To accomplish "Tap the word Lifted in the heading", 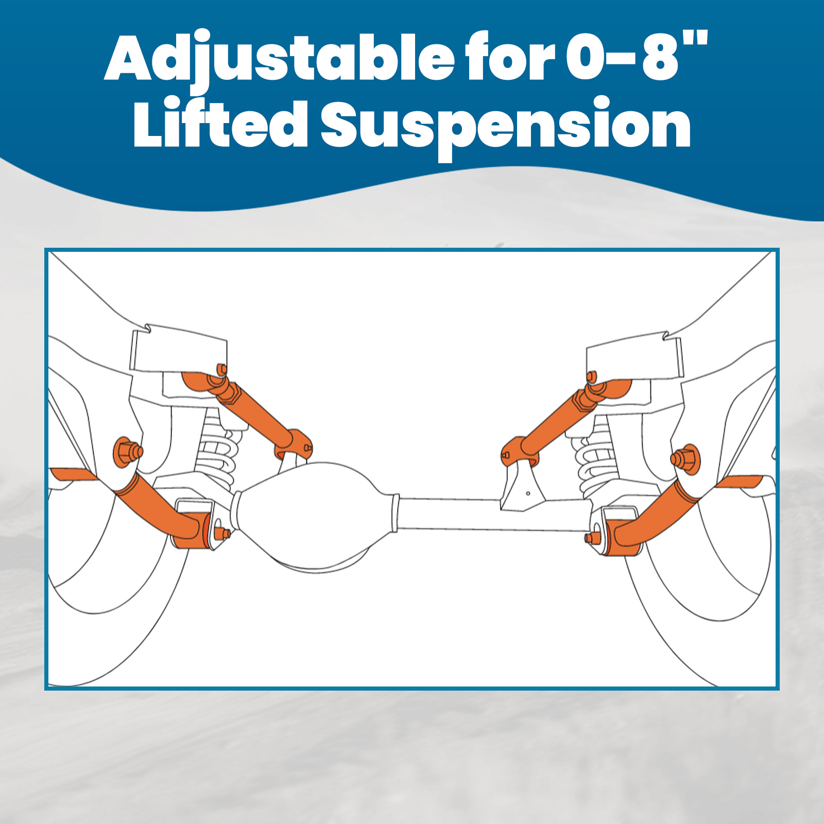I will click(220, 125).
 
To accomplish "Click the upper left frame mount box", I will click(178, 350).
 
